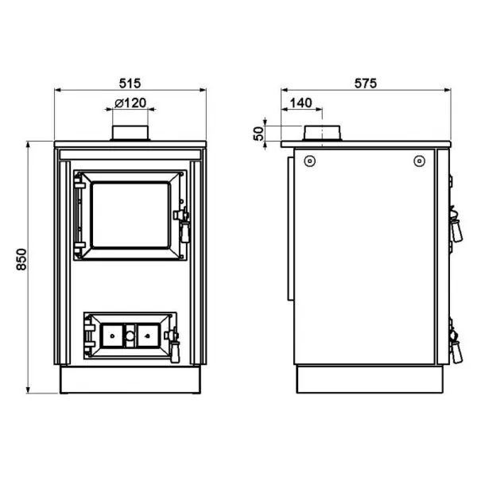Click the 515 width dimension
[130, 83]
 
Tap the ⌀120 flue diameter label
[130, 103]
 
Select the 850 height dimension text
[21, 259]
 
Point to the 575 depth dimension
[366, 83]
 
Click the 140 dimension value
[301, 103]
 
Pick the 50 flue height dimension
[258, 134]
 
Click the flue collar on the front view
[130, 133]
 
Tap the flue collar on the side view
[322, 133]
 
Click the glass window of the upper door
[130, 215]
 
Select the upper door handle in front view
[183, 224]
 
